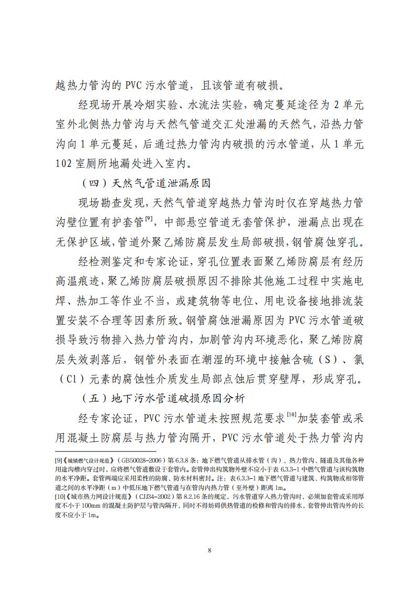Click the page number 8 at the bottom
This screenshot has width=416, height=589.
pos(209,550)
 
